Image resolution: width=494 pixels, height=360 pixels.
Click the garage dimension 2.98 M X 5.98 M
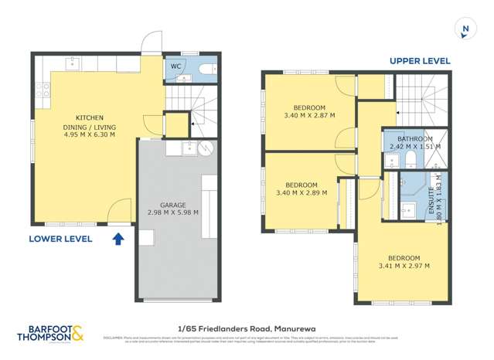pos(172,212)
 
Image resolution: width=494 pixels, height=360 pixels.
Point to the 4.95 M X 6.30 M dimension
pos(88,134)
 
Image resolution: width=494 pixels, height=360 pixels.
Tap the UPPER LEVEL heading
pos(420,60)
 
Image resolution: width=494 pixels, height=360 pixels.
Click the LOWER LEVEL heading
pos(60,239)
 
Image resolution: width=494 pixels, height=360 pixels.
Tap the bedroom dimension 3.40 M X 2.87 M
pos(308,115)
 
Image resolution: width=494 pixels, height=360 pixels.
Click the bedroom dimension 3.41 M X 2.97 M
pos(404,266)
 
